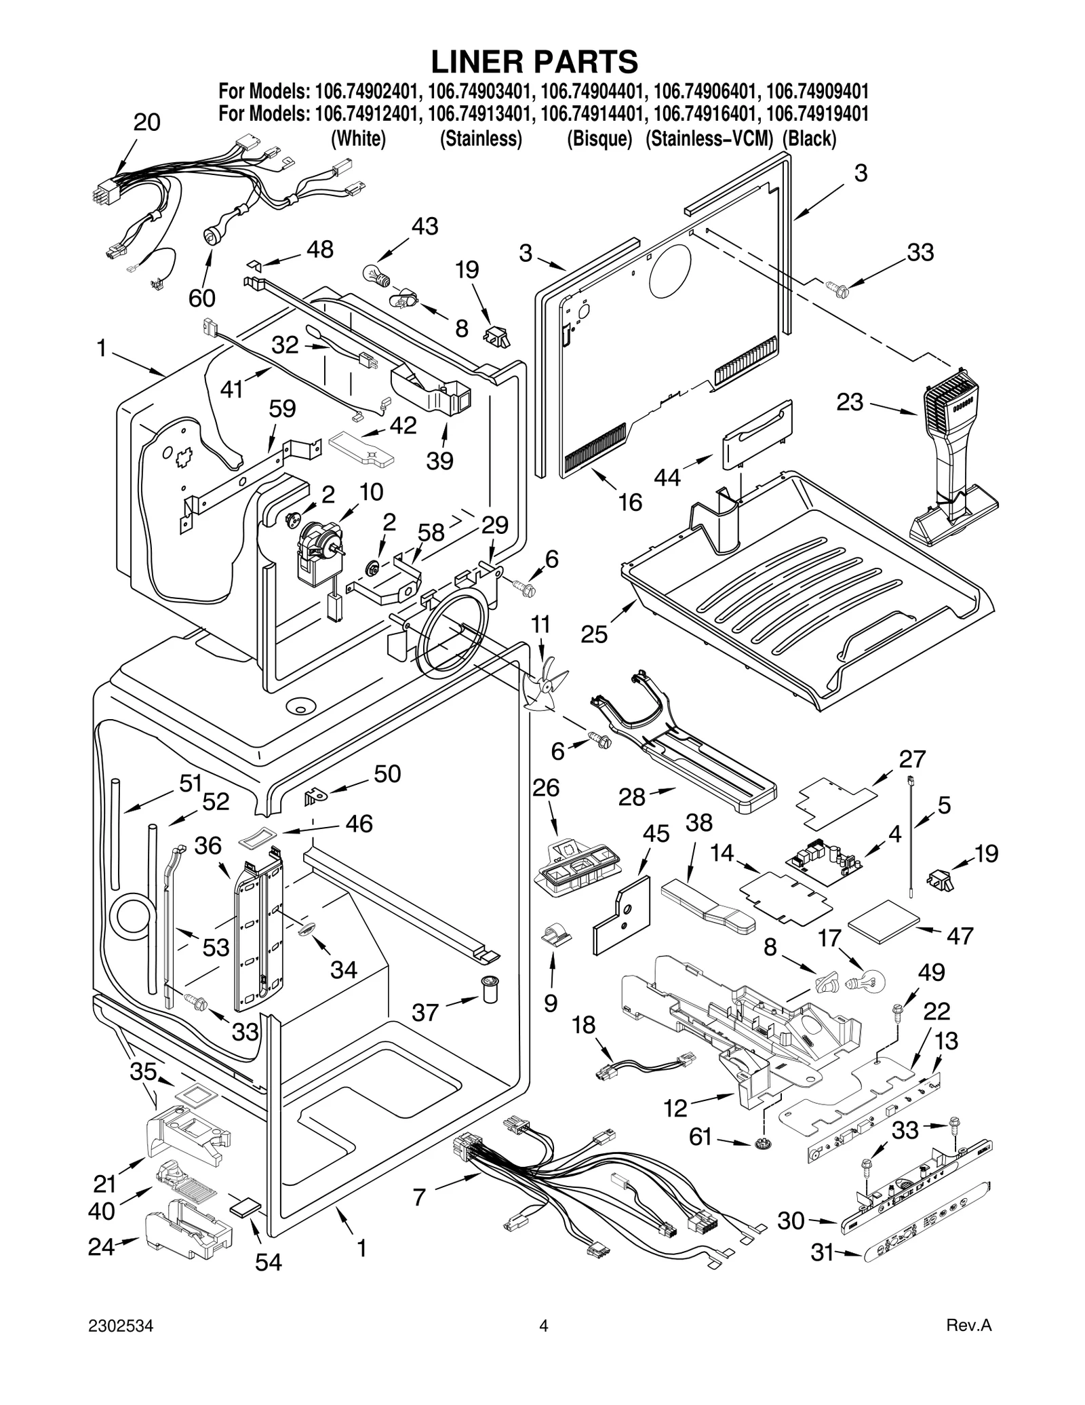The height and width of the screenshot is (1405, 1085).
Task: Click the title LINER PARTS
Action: pos(534,62)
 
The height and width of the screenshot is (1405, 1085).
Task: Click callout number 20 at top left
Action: pos(146,122)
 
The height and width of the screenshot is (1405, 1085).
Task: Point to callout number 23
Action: pos(850,402)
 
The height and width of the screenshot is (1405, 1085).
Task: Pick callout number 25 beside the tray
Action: pos(594,634)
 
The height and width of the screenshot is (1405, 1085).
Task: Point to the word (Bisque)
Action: pos(599,139)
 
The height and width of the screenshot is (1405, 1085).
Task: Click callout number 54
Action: pos(269,1261)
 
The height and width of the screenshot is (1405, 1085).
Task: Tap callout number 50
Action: pos(387,773)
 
